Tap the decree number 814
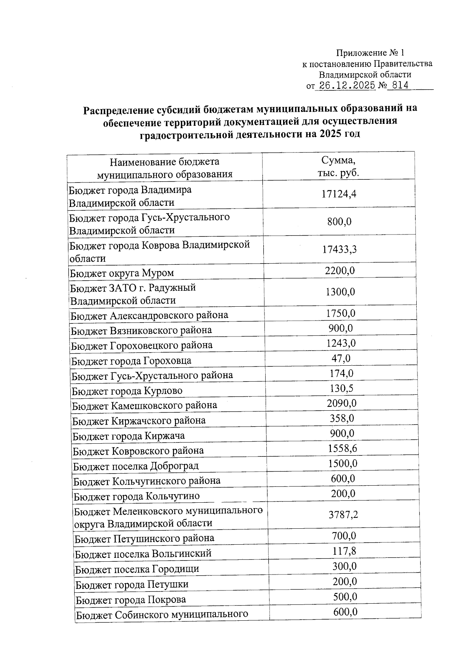point(400,85)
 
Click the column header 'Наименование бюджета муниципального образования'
point(164,168)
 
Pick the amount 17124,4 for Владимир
point(339,194)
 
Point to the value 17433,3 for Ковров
point(339,249)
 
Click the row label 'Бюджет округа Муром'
point(122,273)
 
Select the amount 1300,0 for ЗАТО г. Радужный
point(340,292)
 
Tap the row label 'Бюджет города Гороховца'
point(131,361)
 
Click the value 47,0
point(341,358)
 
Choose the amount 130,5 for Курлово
point(341,388)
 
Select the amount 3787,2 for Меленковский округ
point(343,515)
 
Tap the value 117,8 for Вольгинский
point(344,551)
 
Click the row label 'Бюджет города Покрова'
point(130,600)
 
